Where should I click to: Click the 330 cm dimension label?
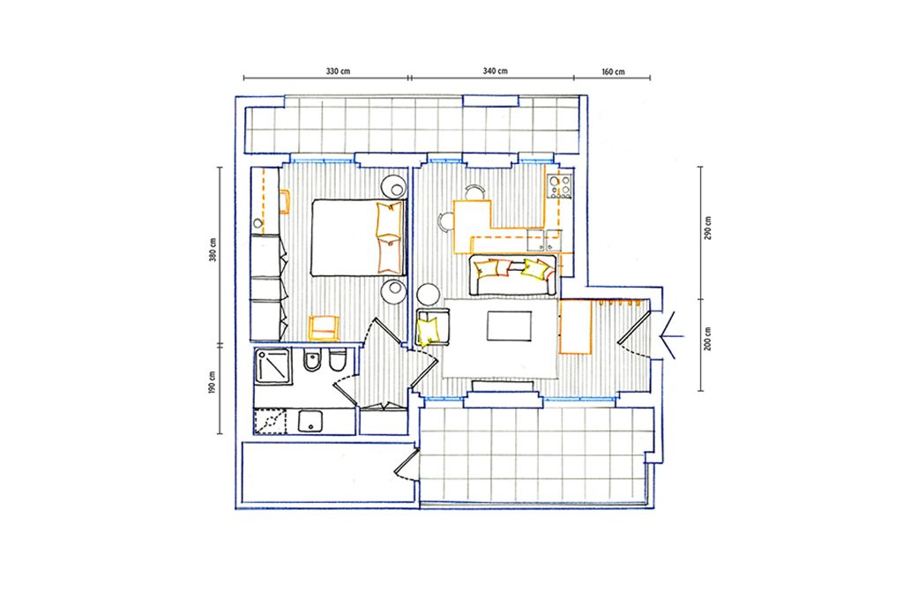pyautogui.click(x=338, y=71)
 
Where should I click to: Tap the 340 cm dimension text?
pyautogui.click(x=496, y=71)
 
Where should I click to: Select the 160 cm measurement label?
pyautogui.click(x=614, y=72)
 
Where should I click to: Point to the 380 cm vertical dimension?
pyautogui.click(x=213, y=250)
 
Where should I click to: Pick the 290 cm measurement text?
pyautogui.click(x=708, y=229)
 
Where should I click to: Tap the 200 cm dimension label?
pyautogui.click(x=708, y=338)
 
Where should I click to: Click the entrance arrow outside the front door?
pyautogui.click(x=671, y=335)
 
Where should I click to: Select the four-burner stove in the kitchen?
pyautogui.click(x=559, y=186)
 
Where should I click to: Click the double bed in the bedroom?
pyautogui.click(x=358, y=237)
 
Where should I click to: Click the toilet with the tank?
pyautogui.click(x=338, y=361)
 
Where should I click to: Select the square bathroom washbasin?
pyautogui.click(x=311, y=423)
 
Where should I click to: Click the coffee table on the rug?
pyautogui.click(x=509, y=326)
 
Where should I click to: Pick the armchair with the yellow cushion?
pyautogui.click(x=432, y=326)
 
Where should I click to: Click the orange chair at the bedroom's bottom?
pyautogui.click(x=325, y=328)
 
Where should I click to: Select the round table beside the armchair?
pyautogui.click(x=429, y=295)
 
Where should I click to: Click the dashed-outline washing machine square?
pyautogui.click(x=270, y=422)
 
